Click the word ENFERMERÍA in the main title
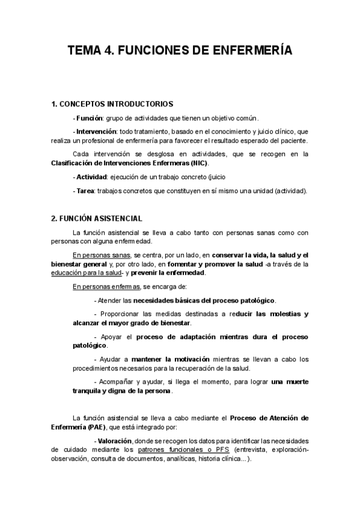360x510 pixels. [x=252, y=51]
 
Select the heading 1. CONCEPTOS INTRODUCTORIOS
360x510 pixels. [x=113, y=104]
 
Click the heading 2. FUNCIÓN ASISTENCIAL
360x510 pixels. [x=97, y=218]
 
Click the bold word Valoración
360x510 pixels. [x=115, y=441]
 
